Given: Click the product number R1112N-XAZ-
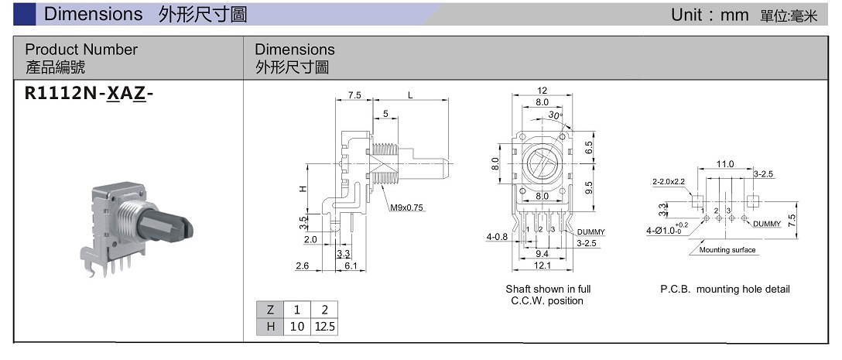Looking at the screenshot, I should point(90,94).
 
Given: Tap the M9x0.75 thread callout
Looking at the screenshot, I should point(408,207).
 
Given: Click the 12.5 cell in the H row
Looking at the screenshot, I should point(325,327).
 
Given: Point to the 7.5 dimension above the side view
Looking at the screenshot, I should point(354,95).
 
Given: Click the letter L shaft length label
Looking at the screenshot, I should point(410,95).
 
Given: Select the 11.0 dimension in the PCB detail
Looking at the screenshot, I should point(724,165).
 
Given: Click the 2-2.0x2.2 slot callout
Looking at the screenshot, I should point(669,182).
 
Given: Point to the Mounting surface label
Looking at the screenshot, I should point(727,250).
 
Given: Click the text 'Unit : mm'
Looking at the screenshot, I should point(708,15).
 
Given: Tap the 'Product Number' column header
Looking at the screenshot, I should point(81,50).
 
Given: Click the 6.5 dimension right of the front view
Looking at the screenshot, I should point(589,146).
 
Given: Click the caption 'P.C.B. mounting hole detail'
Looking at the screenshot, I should point(724,290).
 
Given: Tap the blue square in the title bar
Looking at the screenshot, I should point(25,14).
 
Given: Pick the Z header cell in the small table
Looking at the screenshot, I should point(270,309).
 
